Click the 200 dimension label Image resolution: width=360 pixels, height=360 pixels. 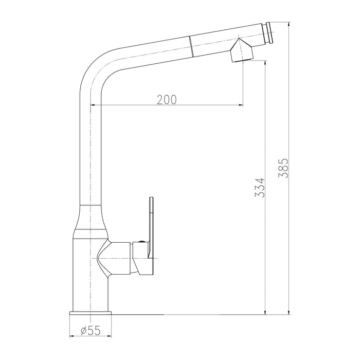tap(167, 99)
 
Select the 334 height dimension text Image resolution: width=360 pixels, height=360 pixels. tap(260, 188)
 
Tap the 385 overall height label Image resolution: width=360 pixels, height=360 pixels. tap(283, 168)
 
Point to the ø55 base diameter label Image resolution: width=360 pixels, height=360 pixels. tap(91, 331)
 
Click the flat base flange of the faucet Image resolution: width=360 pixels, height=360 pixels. tap(91, 313)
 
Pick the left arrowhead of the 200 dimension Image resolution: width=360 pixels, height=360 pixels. tap(93, 105)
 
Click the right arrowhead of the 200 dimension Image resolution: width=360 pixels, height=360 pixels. tap(241, 105)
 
